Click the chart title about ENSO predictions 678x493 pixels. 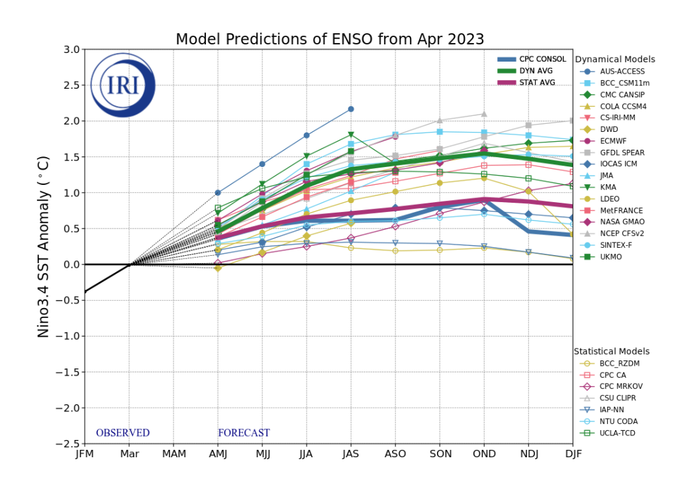click(x=330, y=39)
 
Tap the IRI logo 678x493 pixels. click(x=122, y=85)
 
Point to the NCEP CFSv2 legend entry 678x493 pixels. click(x=622, y=233)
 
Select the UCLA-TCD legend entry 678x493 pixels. click(x=618, y=433)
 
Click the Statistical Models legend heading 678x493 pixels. click(x=611, y=351)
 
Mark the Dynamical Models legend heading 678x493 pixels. click(x=614, y=60)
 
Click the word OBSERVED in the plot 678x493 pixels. click(x=122, y=433)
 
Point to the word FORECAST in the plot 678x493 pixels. click(x=244, y=433)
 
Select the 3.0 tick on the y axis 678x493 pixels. click(x=72, y=50)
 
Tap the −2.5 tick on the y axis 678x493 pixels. click(x=69, y=444)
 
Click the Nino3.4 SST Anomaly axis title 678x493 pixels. click(x=44, y=247)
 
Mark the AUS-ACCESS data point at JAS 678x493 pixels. click(x=351, y=109)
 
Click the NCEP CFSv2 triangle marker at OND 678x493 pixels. click(x=484, y=114)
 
